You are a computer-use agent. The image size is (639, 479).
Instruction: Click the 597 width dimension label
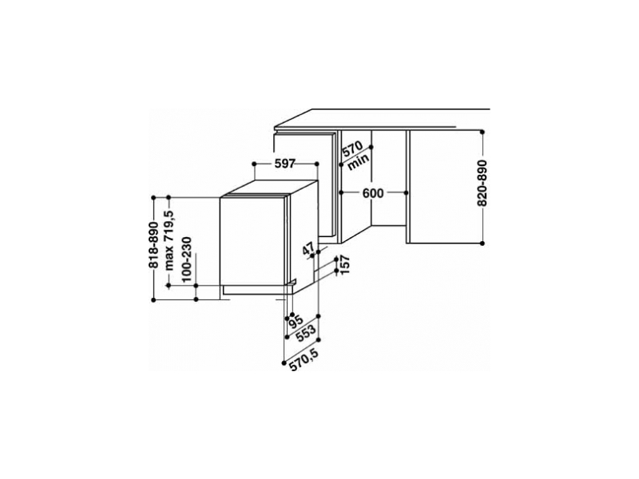[x=285, y=164]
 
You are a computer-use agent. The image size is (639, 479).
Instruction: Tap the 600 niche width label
[x=372, y=193]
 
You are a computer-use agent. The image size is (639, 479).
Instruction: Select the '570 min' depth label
[x=352, y=154]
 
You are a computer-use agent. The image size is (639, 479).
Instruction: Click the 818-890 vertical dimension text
[x=153, y=248]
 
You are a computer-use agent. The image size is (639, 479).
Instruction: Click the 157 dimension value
[x=345, y=266]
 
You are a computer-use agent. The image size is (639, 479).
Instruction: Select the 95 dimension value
[x=296, y=323]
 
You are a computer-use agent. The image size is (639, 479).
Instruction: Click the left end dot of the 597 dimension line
[x=253, y=164]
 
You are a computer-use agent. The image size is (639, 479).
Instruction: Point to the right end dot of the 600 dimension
[x=407, y=193]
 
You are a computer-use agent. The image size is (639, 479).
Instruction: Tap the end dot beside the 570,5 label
[x=284, y=362]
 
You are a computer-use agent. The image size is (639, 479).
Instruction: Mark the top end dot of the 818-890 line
[x=153, y=196]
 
